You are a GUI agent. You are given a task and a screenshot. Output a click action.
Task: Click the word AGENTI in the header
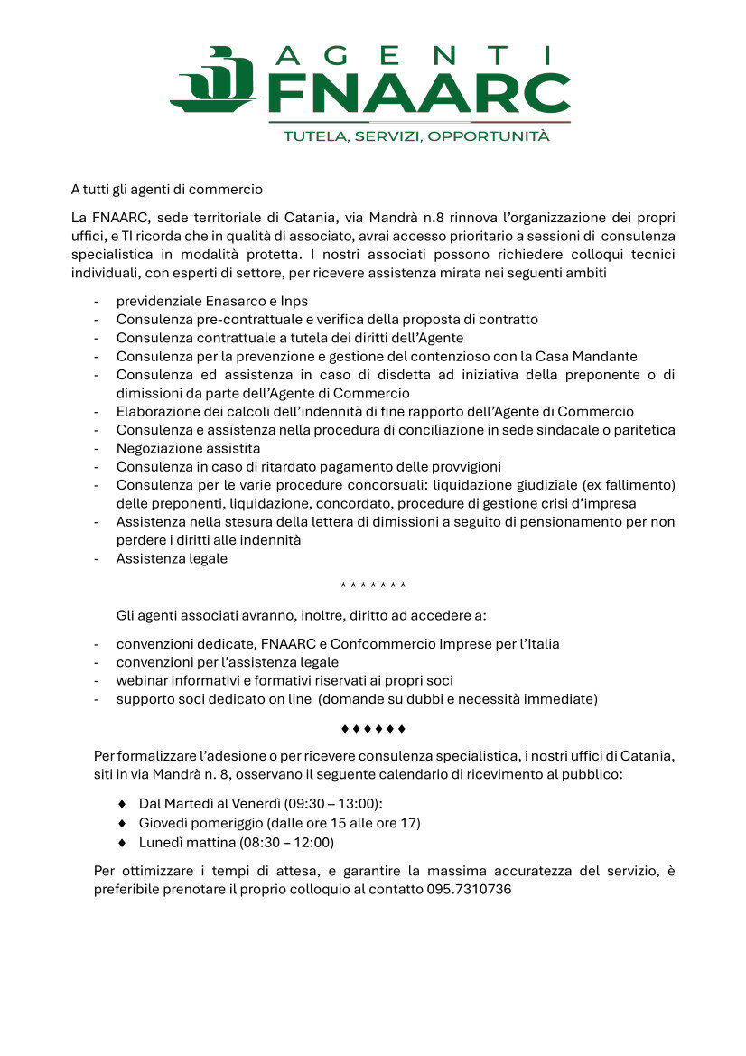[420, 57]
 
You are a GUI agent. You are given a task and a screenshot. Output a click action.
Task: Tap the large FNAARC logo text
[420, 94]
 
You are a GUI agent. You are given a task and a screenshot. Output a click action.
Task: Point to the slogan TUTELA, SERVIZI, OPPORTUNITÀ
[416, 136]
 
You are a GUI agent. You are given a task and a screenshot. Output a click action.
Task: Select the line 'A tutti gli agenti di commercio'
[167, 190]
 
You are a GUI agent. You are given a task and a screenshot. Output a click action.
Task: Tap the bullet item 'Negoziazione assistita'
[188, 448]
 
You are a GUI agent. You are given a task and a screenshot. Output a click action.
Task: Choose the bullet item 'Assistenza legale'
[172, 558]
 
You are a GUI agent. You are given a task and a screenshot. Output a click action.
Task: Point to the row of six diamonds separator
[373, 728]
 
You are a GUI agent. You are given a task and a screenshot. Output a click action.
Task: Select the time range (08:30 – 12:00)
[286, 842]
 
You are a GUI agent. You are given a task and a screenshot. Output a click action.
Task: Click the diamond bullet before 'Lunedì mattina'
[122, 842]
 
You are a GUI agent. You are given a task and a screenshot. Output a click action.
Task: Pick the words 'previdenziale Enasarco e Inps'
[212, 301]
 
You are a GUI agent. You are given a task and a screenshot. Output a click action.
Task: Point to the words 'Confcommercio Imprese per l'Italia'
[444, 644]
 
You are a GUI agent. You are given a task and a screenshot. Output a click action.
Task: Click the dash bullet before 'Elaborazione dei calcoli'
[97, 412]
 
